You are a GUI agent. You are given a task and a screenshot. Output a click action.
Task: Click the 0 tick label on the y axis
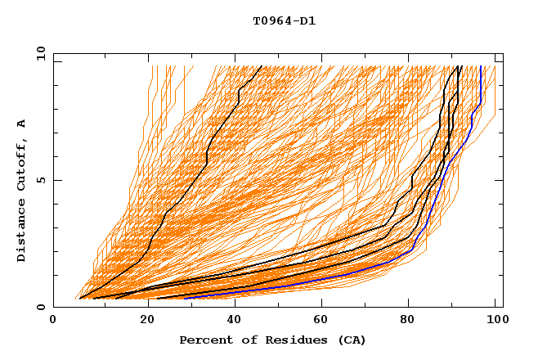(x=40, y=307)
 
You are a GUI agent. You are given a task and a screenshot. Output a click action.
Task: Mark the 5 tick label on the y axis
(x=40, y=180)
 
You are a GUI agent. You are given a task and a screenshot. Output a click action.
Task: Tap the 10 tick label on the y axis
(x=37, y=53)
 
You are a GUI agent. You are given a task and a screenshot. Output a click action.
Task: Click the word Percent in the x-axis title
(x=203, y=340)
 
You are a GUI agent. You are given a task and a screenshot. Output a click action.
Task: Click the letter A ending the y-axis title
(x=22, y=124)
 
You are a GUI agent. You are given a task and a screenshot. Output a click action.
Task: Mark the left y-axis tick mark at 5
(x=56, y=180)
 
